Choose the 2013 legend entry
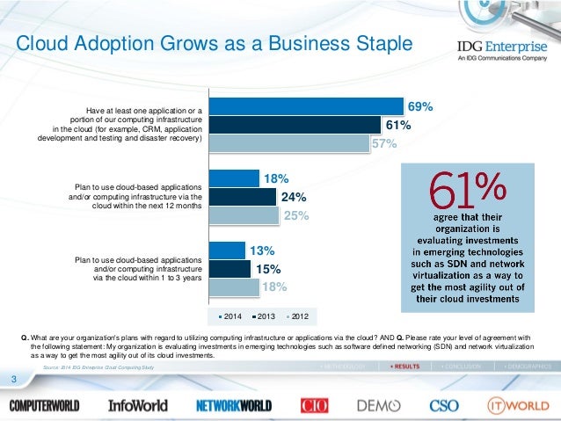point(261,315)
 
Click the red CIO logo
point(315,405)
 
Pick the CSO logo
point(444,405)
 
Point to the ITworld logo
point(518,405)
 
